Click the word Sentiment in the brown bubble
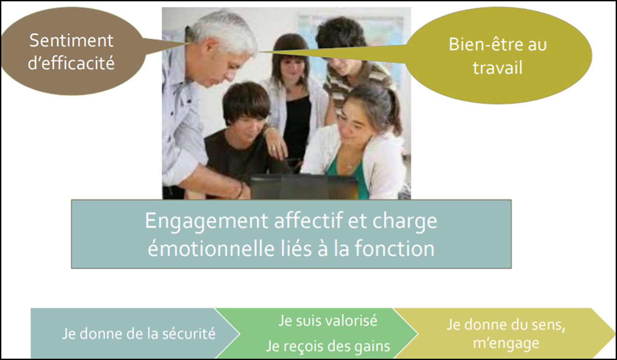pyautogui.click(x=71, y=40)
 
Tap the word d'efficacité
pyautogui.click(x=71, y=63)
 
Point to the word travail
pyautogui.click(x=497, y=67)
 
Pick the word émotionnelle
pyautogui.click(x=211, y=248)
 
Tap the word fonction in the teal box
pyautogui.click(x=395, y=248)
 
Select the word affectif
pyautogui.click(x=309, y=220)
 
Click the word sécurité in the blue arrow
pyautogui.click(x=189, y=334)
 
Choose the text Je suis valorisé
pyautogui.click(x=328, y=321)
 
